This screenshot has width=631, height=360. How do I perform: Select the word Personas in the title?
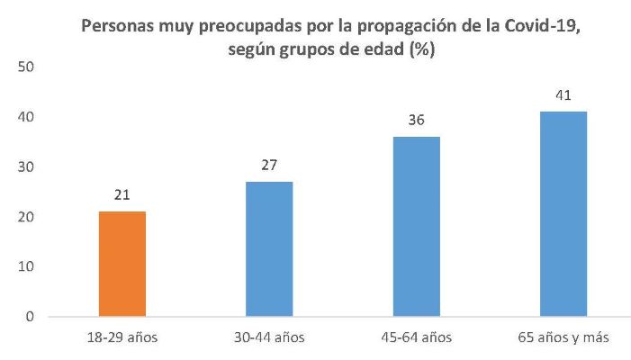(x=116, y=26)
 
